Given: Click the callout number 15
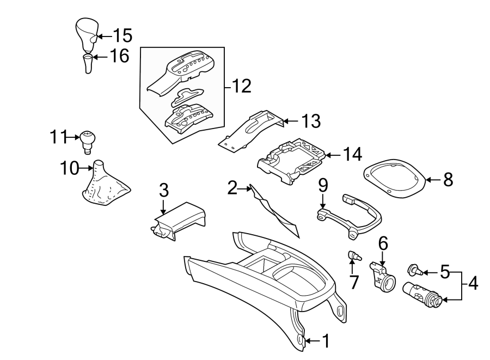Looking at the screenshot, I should pos(123,36).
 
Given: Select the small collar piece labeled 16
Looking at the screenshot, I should pos(88,64).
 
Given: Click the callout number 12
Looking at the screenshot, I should pos(242,86).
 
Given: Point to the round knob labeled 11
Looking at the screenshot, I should pos(87,139).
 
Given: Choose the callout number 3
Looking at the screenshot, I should pos(164,190).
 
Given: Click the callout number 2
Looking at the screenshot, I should pos(232,188).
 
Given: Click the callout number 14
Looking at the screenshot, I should pos(352,154).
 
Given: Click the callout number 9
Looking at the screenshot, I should pos(323,185).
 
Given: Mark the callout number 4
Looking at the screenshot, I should pos(473,284).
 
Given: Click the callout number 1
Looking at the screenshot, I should pos(326,341).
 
